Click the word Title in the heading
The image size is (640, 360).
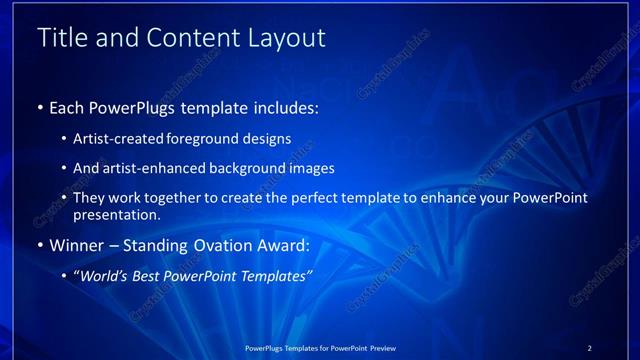62,38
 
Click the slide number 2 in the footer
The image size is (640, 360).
590,348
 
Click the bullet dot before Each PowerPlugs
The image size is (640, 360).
40,106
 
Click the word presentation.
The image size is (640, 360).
117,214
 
